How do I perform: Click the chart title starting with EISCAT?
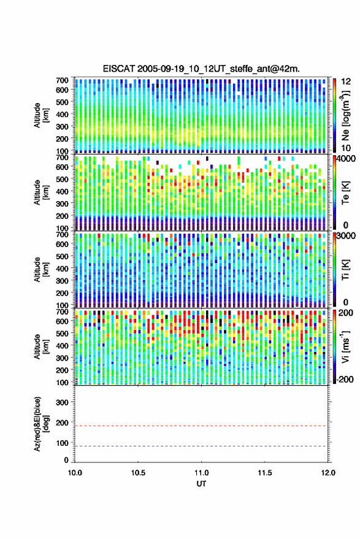tap(201, 69)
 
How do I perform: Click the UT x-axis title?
tap(201, 484)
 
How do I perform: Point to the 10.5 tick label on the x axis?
tap(138, 473)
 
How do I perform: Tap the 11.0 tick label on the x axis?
tap(201, 473)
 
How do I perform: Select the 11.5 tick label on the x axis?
tap(264, 473)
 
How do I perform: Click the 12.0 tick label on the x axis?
tap(328, 473)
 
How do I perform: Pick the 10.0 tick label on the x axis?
tap(75, 473)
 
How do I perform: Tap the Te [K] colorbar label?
tap(345, 193)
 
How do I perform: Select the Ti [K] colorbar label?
tap(345, 270)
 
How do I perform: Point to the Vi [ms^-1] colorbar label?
tap(345, 346)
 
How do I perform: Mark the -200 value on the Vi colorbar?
tap(345, 380)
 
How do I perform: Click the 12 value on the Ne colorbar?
tap(346, 82)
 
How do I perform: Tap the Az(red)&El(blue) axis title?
tap(41, 424)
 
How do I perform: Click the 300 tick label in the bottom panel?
tap(62, 402)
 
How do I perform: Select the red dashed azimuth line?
tap(201, 426)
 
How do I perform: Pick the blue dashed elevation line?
tap(201, 446)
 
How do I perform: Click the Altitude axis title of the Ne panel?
tap(41, 115)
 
